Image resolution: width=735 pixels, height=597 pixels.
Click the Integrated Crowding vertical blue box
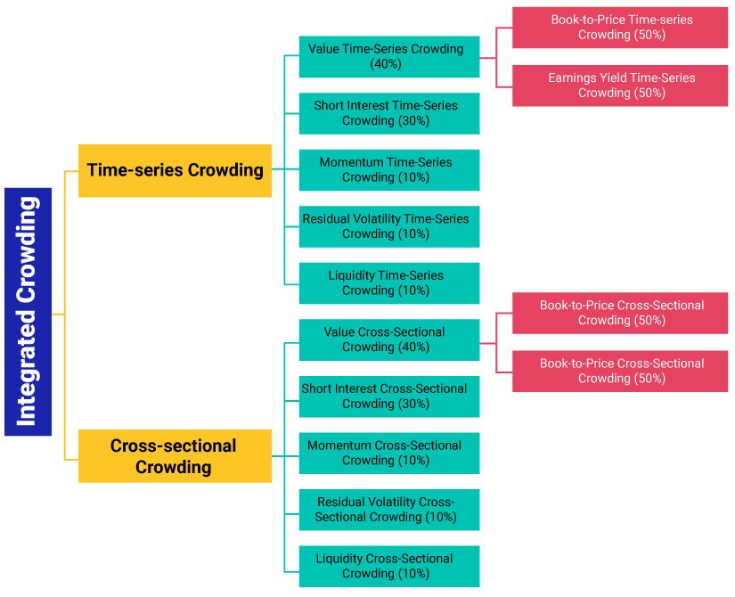(28, 311)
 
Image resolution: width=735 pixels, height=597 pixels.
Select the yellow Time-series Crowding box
(175, 170)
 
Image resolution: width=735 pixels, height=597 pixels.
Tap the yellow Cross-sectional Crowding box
(175, 455)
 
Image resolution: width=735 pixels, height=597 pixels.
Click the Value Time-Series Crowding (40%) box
(388, 57)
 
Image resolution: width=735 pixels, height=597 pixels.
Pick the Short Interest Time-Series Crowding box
(388, 113)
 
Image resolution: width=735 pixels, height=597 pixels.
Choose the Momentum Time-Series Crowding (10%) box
(388, 170)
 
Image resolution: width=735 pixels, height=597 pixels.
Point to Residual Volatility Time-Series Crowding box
(388, 226)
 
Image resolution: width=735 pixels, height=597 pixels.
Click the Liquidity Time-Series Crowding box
(388, 283)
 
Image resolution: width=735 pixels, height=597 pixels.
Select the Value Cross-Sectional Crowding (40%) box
(388, 339)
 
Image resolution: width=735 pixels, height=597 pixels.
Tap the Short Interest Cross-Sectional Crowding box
(388, 397)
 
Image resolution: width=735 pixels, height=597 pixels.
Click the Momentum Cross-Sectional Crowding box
(388, 453)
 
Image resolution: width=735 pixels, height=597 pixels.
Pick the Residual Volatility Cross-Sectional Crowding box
(388, 510)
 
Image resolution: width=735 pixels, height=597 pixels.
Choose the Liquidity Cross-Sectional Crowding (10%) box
(388, 566)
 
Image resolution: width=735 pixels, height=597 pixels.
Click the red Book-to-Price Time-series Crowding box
(620, 28)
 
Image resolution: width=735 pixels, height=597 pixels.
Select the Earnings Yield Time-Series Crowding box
(620, 86)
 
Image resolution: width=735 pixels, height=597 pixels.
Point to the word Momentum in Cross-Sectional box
(339, 446)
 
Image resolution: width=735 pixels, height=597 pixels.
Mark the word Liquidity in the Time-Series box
(351, 275)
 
